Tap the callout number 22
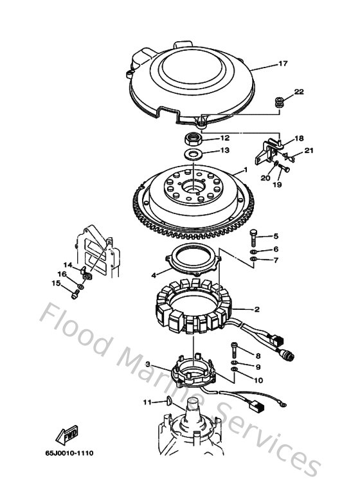tap(299, 92)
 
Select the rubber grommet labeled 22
tap(280, 102)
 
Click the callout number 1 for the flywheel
tap(244, 170)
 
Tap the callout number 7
tap(275, 260)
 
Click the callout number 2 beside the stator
tap(256, 309)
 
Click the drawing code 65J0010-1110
tap(69, 453)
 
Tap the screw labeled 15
tap(75, 294)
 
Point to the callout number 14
tap(67, 264)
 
